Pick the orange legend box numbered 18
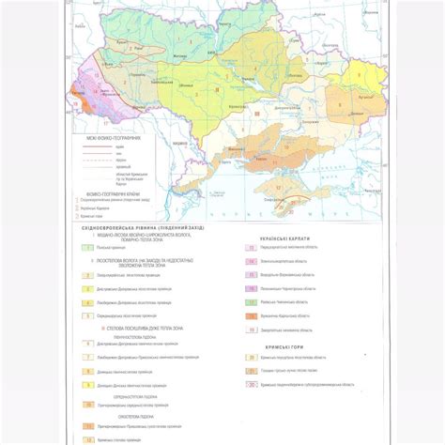click(x=252, y=316)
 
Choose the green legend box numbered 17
click(x=252, y=302)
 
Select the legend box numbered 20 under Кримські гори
click(x=252, y=358)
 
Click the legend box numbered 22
click(x=252, y=384)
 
